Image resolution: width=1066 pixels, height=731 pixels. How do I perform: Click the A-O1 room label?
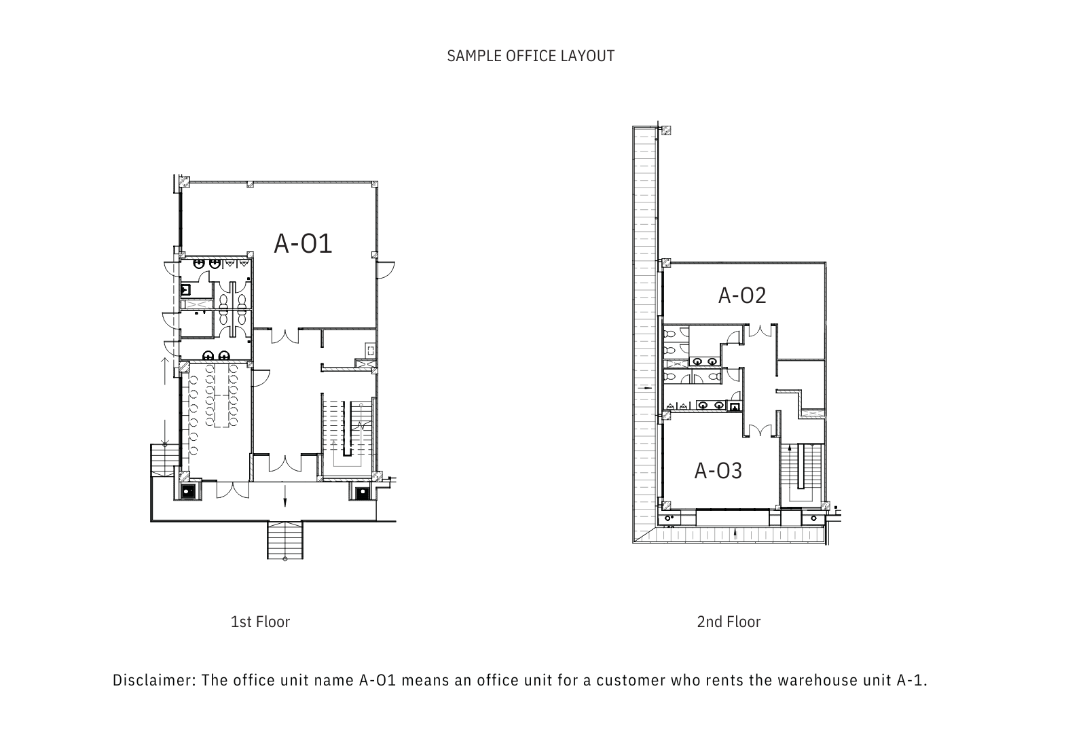(x=303, y=244)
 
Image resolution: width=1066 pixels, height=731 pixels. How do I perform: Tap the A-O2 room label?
(x=742, y=296)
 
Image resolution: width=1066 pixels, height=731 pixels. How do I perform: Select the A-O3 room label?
(x=718, y=471)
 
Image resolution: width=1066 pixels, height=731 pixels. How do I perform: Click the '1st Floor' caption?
(x=260, y=622)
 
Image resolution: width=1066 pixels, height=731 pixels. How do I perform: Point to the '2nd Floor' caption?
(x=729, y=622)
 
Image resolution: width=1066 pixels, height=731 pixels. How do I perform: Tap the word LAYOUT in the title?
(x=587, y=56)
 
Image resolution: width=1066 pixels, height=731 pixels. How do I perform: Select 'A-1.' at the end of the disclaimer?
(x=913, y=680)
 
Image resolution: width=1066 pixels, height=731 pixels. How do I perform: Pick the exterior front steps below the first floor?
(x=285, y=540)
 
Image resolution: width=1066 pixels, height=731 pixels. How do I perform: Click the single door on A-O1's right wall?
(x=386, y=270)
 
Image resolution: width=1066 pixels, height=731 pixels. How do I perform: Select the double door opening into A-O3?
(x=761, y=431)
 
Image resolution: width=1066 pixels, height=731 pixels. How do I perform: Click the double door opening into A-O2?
(x=760, y=330)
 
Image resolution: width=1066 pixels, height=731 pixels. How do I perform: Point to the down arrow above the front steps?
(x=285, y=496)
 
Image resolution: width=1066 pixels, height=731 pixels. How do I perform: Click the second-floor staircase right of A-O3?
(x=801, y=474)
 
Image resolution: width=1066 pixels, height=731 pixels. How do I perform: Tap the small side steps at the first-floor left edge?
(x=165, y=460)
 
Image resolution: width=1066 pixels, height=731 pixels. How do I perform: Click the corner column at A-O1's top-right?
(x=375, y=184)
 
